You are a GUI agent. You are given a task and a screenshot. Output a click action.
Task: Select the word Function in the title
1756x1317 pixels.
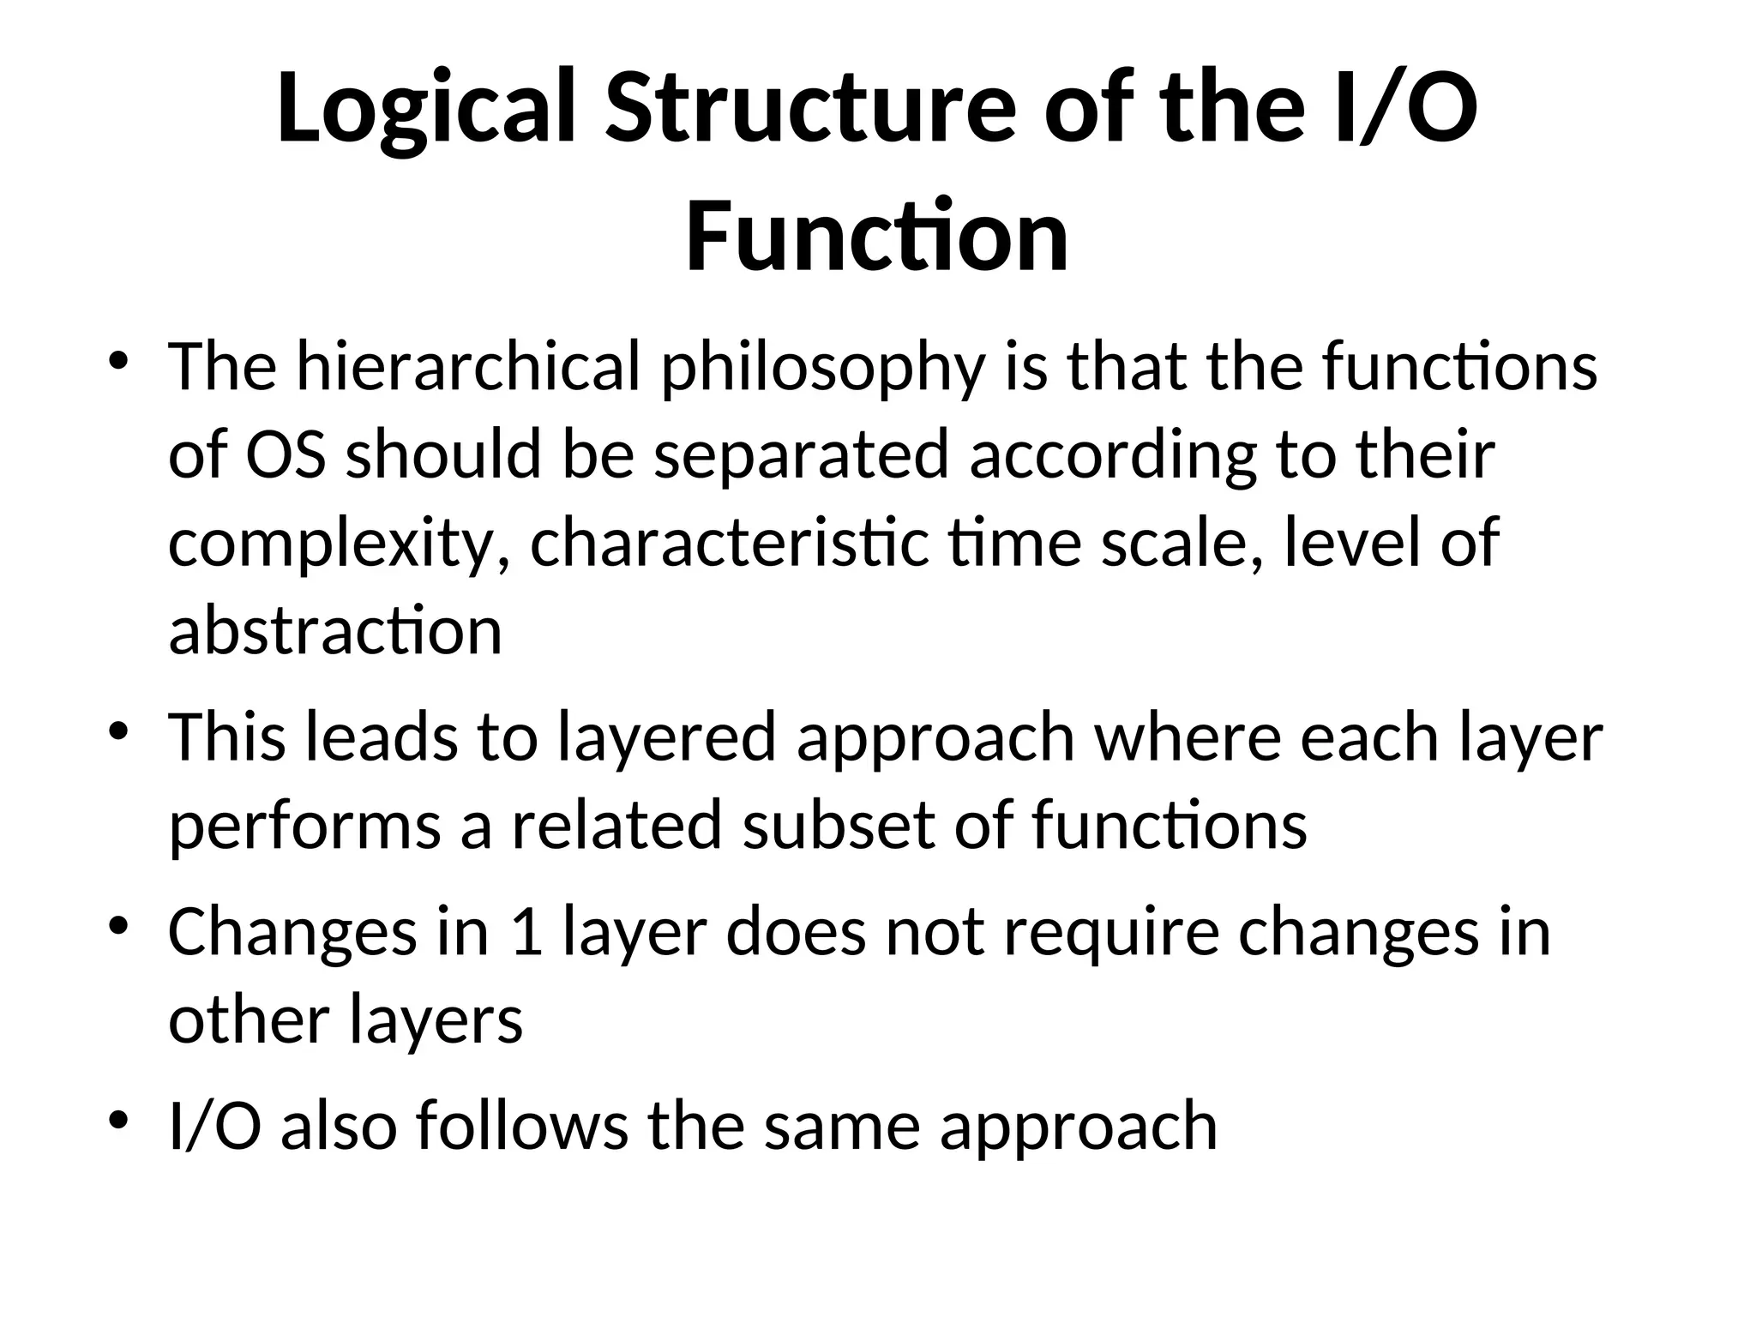pos(876,235)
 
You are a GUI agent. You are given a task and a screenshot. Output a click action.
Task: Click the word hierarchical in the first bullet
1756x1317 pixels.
pos(468,367)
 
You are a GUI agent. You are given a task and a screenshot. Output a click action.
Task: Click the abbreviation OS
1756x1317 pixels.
pos(286,454)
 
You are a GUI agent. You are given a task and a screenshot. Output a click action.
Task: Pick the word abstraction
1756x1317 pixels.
pos(335,631)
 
